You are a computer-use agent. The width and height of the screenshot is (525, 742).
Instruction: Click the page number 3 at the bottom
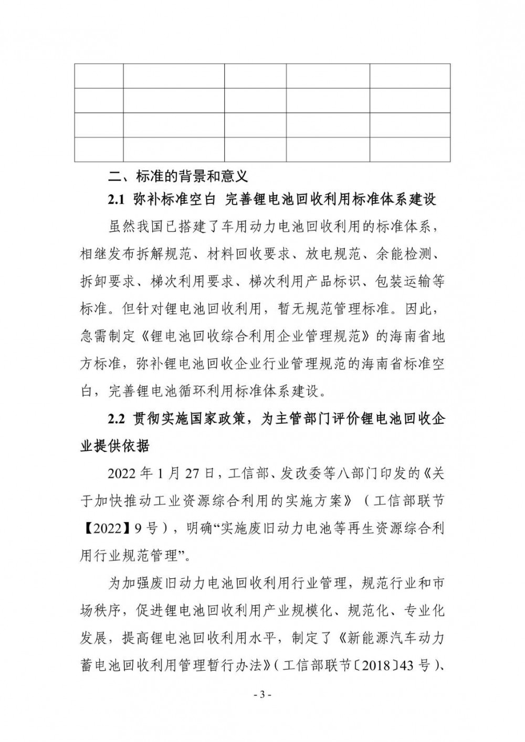click(x=262, y=695)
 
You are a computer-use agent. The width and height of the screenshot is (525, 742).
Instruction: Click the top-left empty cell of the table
click(x=99, y=76)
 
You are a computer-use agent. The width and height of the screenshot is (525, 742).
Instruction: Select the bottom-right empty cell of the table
click(x=409, y=149)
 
